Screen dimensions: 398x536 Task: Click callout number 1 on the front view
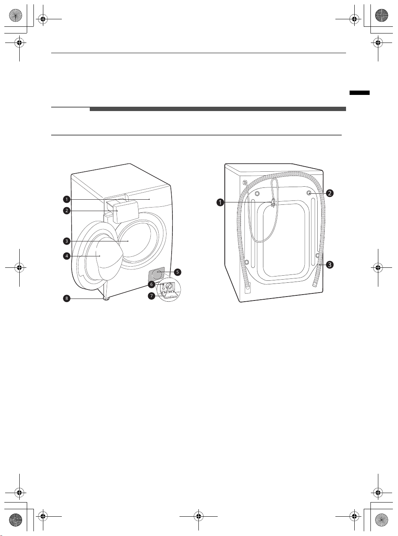click(67, 199)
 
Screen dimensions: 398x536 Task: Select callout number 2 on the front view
click(67, 210)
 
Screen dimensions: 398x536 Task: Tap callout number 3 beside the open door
click(67, 241)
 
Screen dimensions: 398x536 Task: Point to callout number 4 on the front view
click(67, 256)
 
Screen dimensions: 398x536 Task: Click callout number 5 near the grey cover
click(178, 272)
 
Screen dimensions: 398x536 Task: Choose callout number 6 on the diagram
click(152, 284)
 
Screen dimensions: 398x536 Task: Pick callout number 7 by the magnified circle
click(152, 296)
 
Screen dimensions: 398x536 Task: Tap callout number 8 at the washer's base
click(67, 299)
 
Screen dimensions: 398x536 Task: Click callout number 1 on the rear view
click(220, 202)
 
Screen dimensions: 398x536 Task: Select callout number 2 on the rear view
click(330, 193)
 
